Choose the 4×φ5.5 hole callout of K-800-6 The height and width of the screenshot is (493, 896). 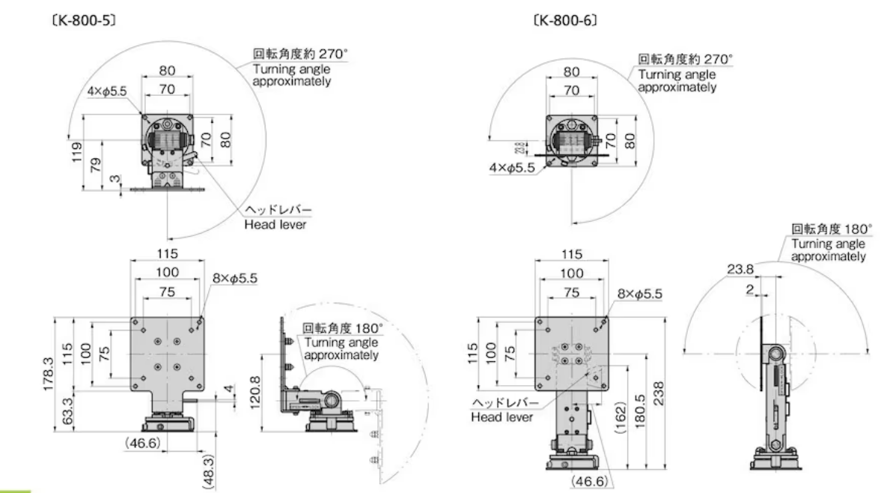tap(511, 169)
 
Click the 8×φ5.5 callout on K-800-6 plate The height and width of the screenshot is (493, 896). tap(639, 294)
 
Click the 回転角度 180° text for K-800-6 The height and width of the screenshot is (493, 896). tap(827, 230)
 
